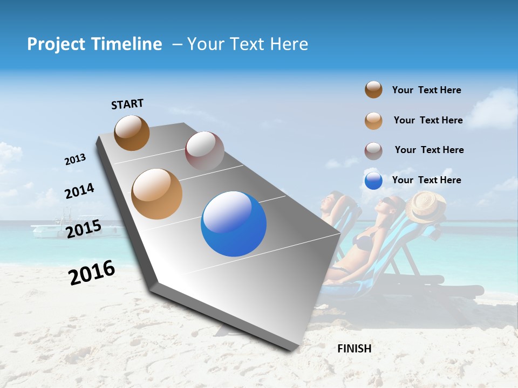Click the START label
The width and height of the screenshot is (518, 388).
pyautogui.click(x=127, y=104)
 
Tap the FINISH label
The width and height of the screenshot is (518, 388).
pyautogui.click(x=354, y=349)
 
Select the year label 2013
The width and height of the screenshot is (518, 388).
pyautogui.click(x=75, y=160)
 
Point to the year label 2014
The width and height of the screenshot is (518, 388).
pyautogui.click(x=79, y=191)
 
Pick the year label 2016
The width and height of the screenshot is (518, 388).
pyautogui.click(x=92, y=273)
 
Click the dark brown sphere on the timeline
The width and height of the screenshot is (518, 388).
pyautogui.click(x=132, y=133)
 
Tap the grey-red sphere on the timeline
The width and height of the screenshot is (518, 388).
pyautogui.click(x=205, y=151)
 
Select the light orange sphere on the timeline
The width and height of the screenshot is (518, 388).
pyautogui.click(x=156, y=194)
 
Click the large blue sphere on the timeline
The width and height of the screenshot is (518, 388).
pyautogui.click(x=234, y=224)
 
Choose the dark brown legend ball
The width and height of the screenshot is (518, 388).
pyautogui.click(x=373, y=89)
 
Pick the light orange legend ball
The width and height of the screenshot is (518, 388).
pyautogui.click(x=373, y=120)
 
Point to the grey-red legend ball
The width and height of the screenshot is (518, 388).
pyautogui.click(x=373, y=151)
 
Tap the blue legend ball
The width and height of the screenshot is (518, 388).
pyautogui.click(x=373, y=181)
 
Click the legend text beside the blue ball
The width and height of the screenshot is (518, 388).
pyautogui.click(x=426, y=180)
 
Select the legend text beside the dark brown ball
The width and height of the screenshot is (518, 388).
pyautogui.click(x=426, y=90)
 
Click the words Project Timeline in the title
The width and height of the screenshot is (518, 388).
pyautogui.click(x=94, y=44)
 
